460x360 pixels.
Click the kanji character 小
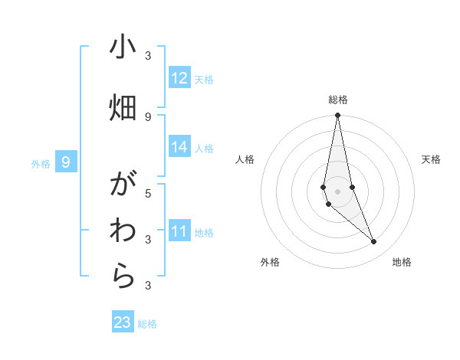(123, 47)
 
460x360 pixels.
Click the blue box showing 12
(179, 78)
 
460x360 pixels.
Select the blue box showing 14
(179, 147)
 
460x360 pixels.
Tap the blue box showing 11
(179, 231)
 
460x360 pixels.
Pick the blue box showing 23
(123, 322)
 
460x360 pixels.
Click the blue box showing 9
(67, 162)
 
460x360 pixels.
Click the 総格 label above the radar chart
(338, 100)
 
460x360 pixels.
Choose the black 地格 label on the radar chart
(402, 262)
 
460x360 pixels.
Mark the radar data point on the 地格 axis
(373, 242)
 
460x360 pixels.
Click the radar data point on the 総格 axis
(337, 116)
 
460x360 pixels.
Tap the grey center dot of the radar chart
(337, 191)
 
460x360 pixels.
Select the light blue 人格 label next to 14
(204, 149)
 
